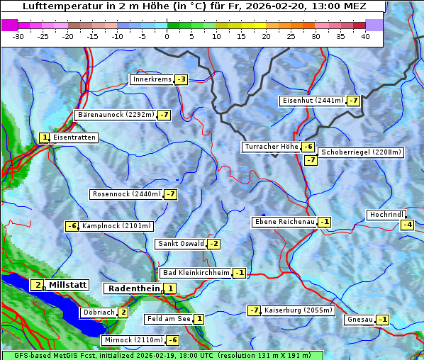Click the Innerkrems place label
click(152, 79)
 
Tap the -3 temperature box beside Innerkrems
click(182, 79)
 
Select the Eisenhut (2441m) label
click(311, 101)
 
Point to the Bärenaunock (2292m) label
click(115, 115)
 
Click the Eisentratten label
click(74, 137)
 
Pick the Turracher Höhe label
click(271, 147)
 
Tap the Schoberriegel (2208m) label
click(361, 152)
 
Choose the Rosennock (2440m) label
click(126, 194)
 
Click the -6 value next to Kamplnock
click(72, 227)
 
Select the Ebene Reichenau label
click(284, 223)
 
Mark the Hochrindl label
click(386, 215)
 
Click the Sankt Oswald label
click(181, 244)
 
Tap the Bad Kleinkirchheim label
click(196, 273)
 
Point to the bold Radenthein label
click(134, 288)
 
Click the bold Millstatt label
click(67, 285)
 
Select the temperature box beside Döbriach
click(123, 313)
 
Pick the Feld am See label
click(169, 320)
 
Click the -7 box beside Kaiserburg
click(254, 310)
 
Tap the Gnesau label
click(359, 320)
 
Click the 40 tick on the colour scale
click(364, 35)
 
